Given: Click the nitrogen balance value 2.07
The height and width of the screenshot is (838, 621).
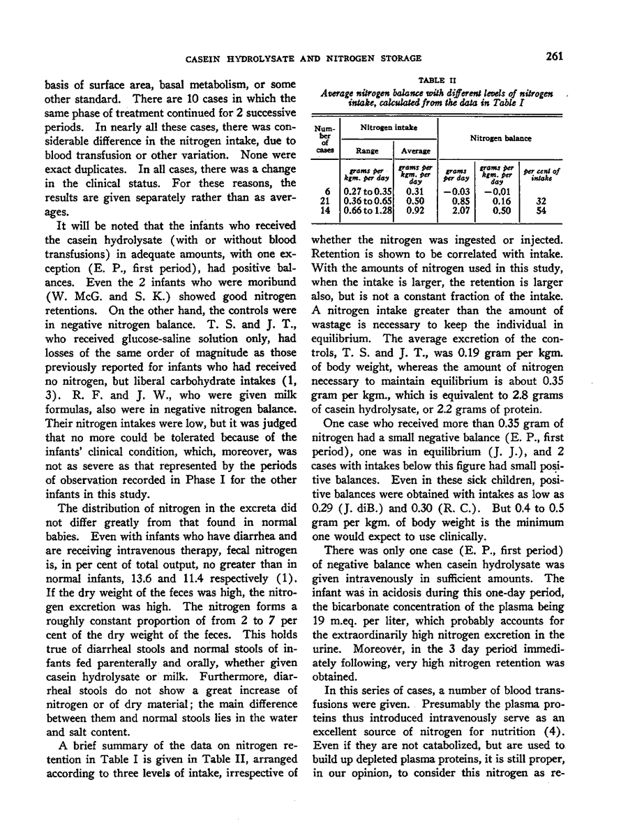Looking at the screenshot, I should tap(455, 209).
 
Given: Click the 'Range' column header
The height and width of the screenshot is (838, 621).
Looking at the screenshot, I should tap(367, 149).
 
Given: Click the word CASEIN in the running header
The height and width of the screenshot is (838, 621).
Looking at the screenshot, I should tap(191, 58).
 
